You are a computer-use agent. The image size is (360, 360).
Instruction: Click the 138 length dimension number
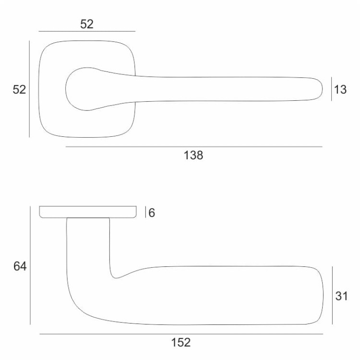coord(193,156)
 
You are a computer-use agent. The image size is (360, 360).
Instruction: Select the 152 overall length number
coord(181,343)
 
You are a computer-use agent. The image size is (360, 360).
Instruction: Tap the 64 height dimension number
coord(20,266)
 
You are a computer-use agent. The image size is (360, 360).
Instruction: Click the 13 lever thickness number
coord(340,90)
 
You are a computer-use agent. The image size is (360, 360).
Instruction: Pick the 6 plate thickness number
coord(152,213)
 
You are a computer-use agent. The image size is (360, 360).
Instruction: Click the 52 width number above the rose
coord(87,24)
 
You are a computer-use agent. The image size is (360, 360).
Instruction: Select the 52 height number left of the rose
coord(19,90)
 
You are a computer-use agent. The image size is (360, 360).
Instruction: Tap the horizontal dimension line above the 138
coord(193,146)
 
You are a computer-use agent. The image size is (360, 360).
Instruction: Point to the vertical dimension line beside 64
coord(30,265)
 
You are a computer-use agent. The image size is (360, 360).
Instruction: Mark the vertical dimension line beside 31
coord(332,295)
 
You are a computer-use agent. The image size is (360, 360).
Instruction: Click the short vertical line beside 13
coord(331,89)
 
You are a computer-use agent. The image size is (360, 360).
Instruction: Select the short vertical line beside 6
coord(145,212)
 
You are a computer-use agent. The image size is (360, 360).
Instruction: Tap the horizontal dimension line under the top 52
coord(87,32)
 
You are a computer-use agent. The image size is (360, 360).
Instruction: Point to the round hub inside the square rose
coord(79,88)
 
